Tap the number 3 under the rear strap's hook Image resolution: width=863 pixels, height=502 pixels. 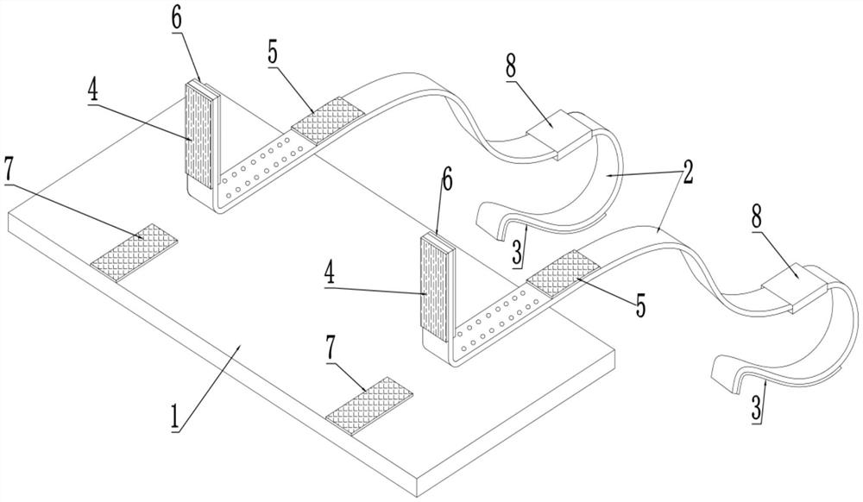click(517, 254)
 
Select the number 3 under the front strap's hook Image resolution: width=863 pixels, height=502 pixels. click(757, 409)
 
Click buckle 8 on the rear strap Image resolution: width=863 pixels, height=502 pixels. click(558, 135)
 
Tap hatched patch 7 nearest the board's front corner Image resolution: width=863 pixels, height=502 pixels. click(369, 405)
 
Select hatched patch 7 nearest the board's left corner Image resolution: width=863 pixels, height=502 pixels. click(135, 253)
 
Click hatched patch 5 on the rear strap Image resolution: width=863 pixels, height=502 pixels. click(328, 121)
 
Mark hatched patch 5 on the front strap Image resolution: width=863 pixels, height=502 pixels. click(564, 273)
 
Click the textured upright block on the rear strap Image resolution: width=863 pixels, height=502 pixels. click(201, 135)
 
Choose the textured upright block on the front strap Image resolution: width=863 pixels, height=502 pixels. click(438, 289)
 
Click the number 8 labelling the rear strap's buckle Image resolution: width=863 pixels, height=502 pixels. click(511, 66)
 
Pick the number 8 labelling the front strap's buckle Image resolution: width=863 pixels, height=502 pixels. click(758, 218)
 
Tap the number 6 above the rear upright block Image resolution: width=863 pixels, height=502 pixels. click(176, 18)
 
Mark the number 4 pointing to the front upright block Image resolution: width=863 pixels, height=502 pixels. click(329, 273)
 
